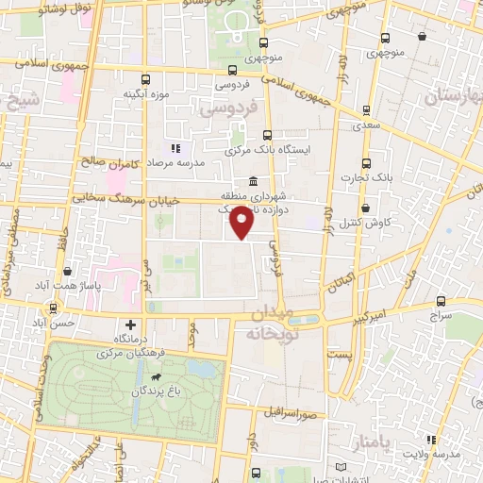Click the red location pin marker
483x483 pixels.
point(242,225)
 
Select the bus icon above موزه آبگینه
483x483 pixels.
point(143,80)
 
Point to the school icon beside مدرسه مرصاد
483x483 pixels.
point(175,148)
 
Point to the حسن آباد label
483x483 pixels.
point(69,322)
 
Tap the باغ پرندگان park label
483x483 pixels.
point(157,390)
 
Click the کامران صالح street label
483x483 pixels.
point(110,164)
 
